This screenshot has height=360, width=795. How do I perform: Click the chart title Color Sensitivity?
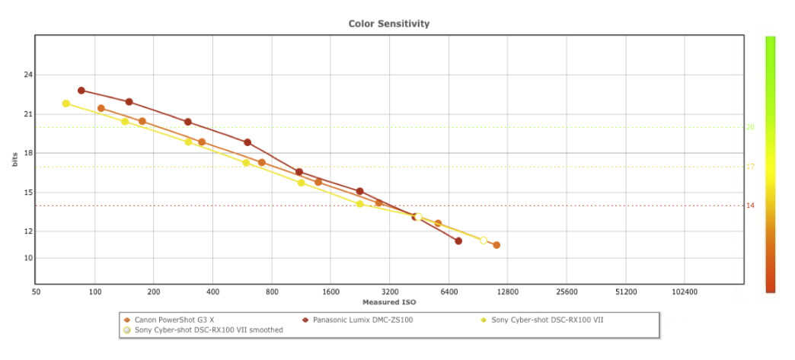388,24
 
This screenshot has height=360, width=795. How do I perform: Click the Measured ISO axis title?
388,302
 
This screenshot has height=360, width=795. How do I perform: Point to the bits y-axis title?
14,159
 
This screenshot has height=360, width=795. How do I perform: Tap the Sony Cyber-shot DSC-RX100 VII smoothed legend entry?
208,330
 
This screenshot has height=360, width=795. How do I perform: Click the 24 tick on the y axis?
28,75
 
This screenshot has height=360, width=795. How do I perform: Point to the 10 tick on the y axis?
28,258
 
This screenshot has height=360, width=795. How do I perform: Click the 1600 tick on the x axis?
330,292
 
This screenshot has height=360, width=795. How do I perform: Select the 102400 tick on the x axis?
685,292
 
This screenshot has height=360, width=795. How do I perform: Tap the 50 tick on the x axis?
36,292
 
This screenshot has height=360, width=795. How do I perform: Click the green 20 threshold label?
750,127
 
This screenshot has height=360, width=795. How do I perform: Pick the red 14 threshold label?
750,205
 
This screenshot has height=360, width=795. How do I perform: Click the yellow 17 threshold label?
750,167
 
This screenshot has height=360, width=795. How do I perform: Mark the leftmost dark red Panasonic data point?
81,91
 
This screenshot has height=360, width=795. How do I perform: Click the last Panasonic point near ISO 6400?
458,241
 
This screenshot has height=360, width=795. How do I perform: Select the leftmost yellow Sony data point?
66,104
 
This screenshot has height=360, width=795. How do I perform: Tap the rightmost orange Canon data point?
496,245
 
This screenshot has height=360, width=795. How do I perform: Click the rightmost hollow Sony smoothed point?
484,241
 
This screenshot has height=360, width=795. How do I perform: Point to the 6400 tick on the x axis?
449,292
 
